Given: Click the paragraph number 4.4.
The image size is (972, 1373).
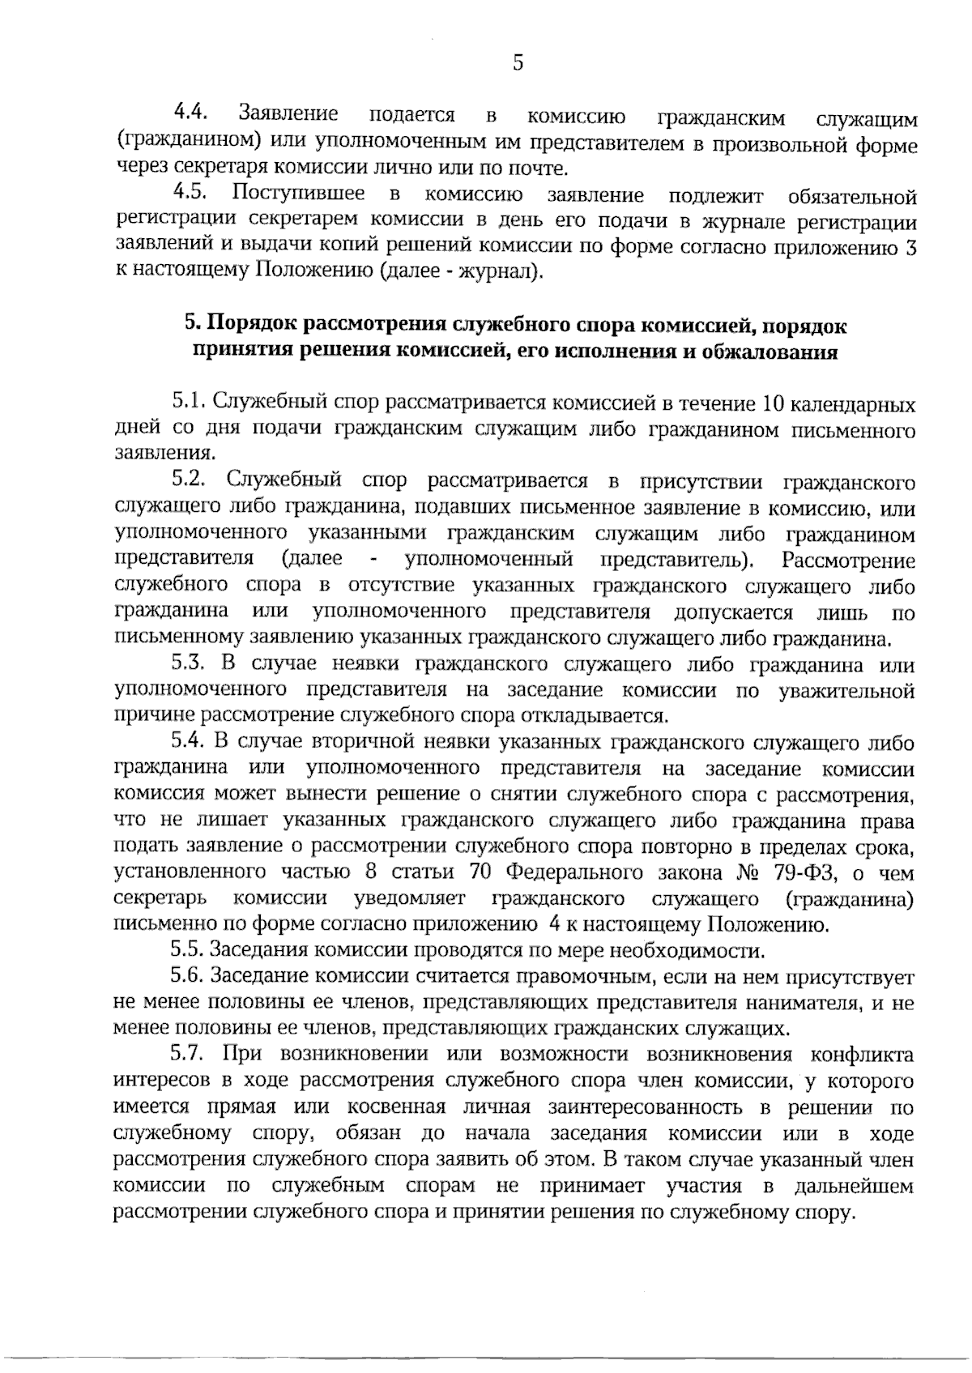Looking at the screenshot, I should point(192,112).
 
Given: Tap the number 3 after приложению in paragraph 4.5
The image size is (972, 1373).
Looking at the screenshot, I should point(911,249).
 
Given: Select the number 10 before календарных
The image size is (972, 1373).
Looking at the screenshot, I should point(769,403).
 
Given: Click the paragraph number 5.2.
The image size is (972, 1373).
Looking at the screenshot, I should point(192,480).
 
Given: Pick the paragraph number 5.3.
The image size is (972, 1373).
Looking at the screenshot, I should point(192,665).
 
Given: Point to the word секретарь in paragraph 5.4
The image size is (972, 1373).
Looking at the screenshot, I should point(159,899).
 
